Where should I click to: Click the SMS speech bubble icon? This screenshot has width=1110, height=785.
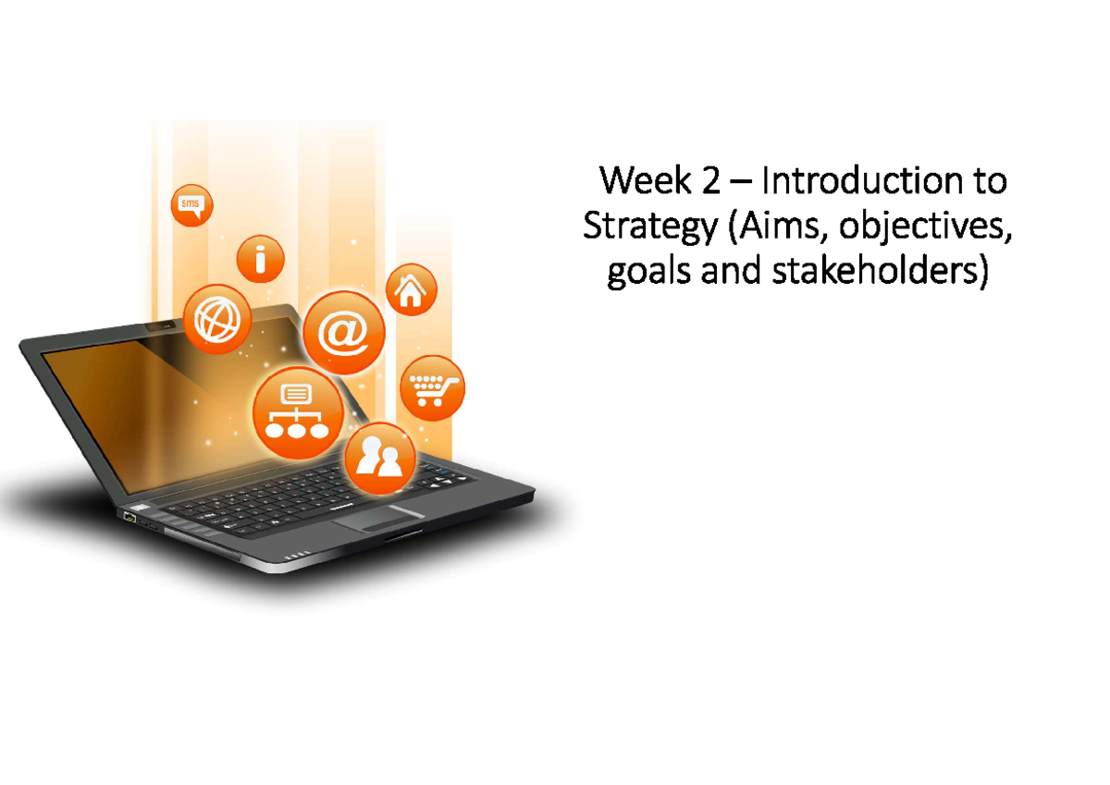click(x=191, y=205)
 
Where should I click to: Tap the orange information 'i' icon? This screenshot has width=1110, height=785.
click(x=260, y=259)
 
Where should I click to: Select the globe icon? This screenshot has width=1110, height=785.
click(x=217, y=319)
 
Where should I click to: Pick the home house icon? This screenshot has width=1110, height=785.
click(x=411, y=290)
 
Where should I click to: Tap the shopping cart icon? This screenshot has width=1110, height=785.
click(x=432, y=388)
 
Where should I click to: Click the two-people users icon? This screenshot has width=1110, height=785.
click(x=379, y=458)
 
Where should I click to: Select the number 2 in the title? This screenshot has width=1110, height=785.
click(x=709, y=181)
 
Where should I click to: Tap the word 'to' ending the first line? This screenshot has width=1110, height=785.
click(x=988, y=181)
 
